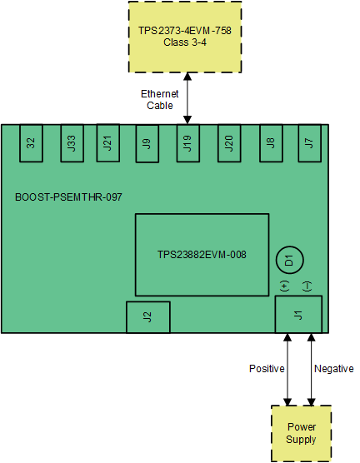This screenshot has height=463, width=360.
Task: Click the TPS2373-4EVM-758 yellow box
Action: point(184,37)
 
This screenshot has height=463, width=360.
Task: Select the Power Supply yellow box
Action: point(301,433)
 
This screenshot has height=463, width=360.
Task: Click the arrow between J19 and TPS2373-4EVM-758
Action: point(189,98)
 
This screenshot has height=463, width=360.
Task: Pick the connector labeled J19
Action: point(189,143)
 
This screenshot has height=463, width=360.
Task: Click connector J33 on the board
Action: point(69,143)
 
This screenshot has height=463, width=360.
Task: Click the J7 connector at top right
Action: point(310,143)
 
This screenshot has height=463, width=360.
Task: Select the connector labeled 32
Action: point(31,143)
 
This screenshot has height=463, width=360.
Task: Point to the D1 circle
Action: point(289,261)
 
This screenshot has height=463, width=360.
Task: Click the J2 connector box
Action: point(147,316)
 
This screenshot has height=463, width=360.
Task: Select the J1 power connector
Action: point(299,314)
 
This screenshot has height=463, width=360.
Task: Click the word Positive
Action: point(267,369)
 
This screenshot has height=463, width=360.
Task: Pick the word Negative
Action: point(333,369)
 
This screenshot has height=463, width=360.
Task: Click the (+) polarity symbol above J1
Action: point(285,286)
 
